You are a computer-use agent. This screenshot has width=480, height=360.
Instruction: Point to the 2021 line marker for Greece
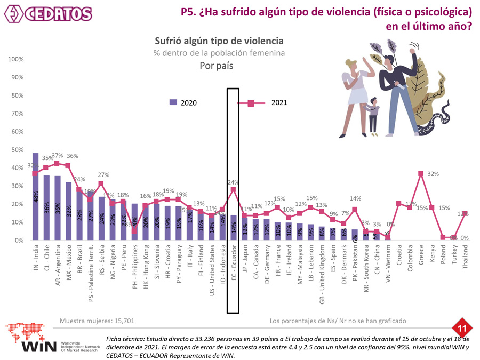click(x=421, y=173)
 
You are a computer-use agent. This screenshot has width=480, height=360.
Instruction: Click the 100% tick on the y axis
click(x=15, y=59)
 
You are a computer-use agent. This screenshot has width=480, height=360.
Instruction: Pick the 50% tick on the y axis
click(x=15, y=150)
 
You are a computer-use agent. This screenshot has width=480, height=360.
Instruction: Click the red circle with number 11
click(x=459, y=326)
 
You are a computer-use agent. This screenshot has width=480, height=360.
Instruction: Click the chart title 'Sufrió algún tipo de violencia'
click(x=219, y=41)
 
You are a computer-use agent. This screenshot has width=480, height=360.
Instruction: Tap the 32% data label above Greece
click(x=433, y=174)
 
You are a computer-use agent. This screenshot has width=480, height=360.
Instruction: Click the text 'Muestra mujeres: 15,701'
click(x=97, y=321)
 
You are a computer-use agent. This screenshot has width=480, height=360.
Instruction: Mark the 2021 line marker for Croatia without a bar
click(x=398, y=203)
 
